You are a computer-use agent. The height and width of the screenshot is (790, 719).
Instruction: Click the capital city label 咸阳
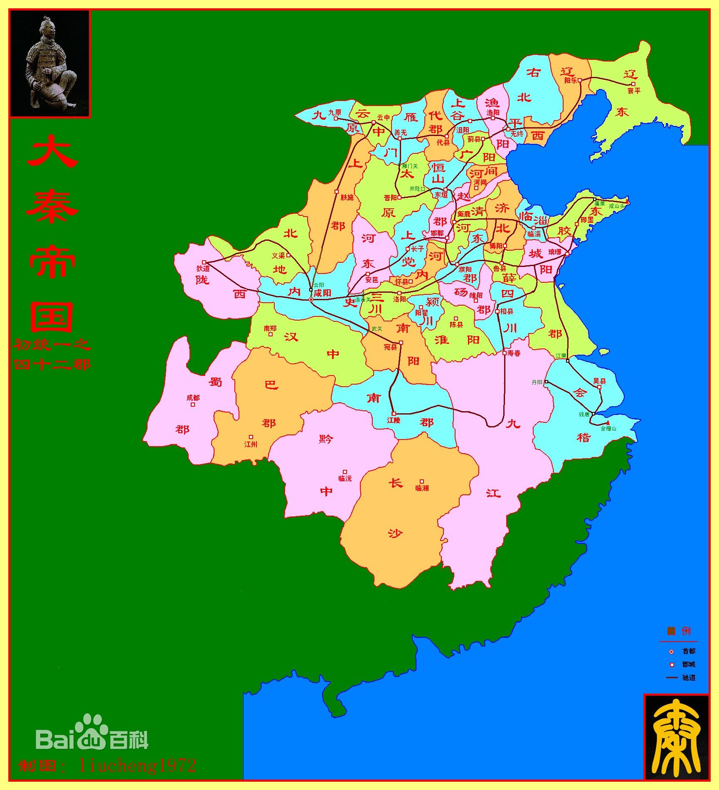click(x=322, y=293)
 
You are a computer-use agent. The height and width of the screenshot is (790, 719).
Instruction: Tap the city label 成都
click(x=193, y=398)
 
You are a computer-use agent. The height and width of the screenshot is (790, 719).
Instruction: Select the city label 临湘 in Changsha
click(x=422, y=488)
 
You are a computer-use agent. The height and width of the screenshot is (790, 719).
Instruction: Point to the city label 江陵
click(x=394, y=420)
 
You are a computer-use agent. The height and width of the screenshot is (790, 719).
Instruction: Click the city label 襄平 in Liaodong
click(x=634, y=91)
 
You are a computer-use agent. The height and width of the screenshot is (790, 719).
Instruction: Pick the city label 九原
click(x=334, y=112)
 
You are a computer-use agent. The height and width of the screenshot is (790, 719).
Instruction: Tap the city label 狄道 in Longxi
click(x=203, y=269)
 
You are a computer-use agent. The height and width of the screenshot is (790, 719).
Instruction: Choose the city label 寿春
click(x=514, y=353)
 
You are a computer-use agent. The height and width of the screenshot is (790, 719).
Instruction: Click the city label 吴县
click(x=599, y=381)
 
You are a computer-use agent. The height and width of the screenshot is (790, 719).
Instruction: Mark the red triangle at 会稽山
click(x=608, y=423)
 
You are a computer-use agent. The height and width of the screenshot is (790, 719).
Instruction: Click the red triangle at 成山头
click(x=627, y=202)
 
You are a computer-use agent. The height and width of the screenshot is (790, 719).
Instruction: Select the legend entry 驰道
click(x=689, y=677)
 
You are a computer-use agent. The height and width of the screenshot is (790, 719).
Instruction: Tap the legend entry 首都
click(x=689, y=651)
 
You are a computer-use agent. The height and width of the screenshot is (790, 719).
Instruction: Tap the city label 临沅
click(x=345, y=479)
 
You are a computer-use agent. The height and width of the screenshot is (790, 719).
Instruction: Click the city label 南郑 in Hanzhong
click(x=270, y=328)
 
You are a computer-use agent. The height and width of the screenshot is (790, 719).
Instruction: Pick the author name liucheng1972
click(x=137, y=765)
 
